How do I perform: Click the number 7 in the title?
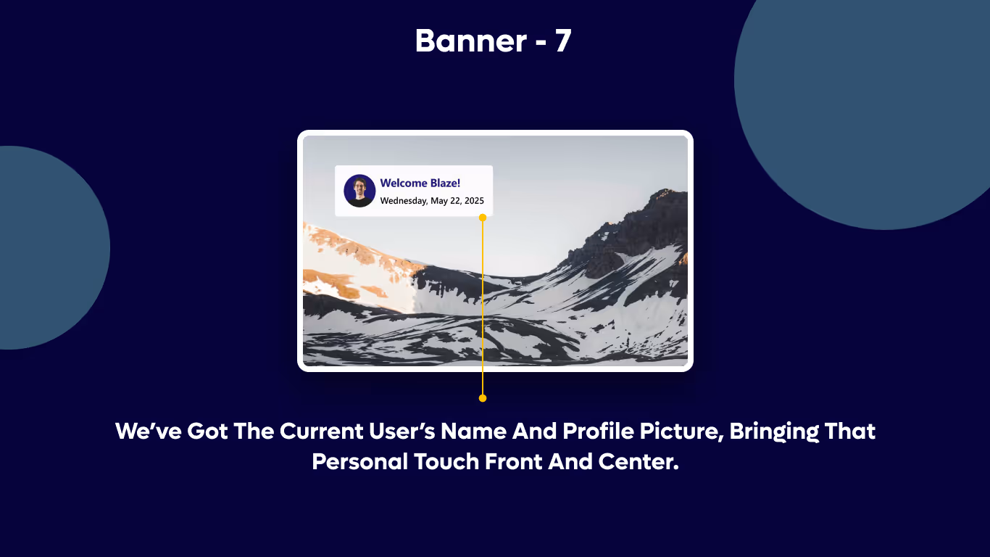(x=563, y=41)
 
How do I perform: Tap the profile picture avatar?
(x=359, y=190)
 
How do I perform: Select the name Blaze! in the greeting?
(x=445, y=183)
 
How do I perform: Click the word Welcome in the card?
(x=404, y=183)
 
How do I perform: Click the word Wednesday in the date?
(x=404, y=201)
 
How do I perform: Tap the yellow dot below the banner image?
(x=483, y=398)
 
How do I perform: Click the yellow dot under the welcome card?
(x=483, y=217)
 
